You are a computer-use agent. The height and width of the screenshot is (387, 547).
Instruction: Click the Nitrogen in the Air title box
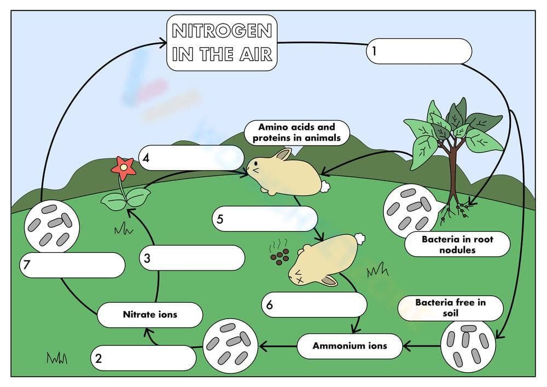click(221, 43)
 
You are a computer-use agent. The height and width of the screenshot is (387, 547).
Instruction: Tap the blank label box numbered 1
click(418, 51)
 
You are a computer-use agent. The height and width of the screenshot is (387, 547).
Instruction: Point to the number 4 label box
click(190, 158)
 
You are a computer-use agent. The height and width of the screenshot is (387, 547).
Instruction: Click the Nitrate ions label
click(149, 315)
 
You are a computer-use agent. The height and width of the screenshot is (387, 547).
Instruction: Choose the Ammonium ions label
click(350, 346)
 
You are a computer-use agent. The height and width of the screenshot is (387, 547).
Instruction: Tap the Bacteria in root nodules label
click(457, 244)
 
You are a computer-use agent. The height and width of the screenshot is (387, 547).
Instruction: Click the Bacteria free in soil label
click(450, 308)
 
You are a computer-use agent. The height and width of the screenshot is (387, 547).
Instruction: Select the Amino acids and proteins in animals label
click(296, 133)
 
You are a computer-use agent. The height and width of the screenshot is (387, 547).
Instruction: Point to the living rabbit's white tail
click(325, 187)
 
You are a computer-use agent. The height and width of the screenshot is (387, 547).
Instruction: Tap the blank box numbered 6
click(314, 305)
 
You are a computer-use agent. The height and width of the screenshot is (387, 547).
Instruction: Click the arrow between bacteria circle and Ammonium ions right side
click(422, 346)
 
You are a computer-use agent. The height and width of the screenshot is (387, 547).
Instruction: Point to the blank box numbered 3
click(191, 258)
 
